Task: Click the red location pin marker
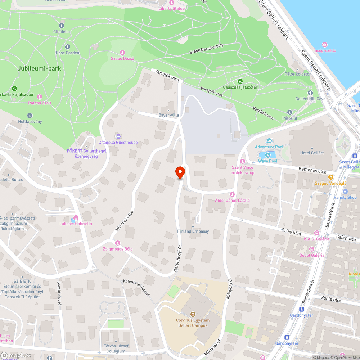coord(180,172)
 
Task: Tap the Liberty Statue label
coord(171,9)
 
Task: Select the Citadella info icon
coord(62,26)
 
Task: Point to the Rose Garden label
coord(67,53)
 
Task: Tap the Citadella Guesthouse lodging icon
coord(118,136)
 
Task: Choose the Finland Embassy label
coord(193,231)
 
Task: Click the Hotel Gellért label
coord(312,153)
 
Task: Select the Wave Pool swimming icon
coord(267,155)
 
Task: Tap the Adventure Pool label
coord(269,147)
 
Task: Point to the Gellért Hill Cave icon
coord(310,93)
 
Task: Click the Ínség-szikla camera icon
coord(325,45)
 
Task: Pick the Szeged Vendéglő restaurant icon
coord(330,177)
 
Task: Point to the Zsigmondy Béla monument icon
coord(117,243)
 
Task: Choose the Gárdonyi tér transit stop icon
coord(287,337)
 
